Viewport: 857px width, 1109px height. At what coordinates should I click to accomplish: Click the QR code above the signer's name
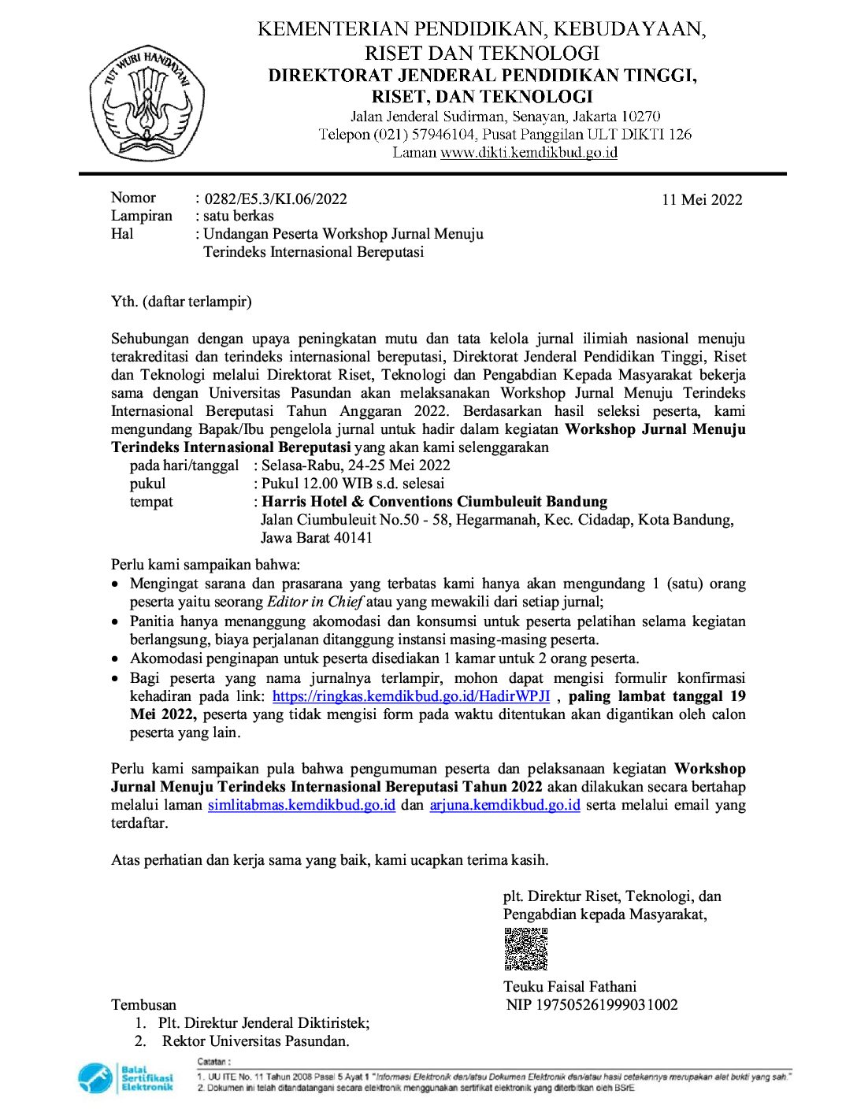click(525, 949)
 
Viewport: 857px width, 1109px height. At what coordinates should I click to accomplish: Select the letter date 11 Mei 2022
click(702, 199)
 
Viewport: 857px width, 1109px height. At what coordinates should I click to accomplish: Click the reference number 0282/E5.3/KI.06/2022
click(275, 198)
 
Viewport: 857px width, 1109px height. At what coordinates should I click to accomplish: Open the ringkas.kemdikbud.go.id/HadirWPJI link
click(410, 696)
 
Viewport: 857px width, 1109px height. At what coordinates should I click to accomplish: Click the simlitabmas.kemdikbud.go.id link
click(301, 805)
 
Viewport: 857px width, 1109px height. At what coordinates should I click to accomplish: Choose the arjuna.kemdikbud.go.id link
click(505, 805)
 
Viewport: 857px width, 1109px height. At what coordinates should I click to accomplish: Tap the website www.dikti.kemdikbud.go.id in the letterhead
click(529, 153)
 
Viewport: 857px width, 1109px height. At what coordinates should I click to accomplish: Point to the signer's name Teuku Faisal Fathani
click(569, 986)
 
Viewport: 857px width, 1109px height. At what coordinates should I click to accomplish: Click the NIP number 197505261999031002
click(607, 1004)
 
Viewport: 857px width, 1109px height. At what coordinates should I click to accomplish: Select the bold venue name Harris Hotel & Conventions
click(434, 502)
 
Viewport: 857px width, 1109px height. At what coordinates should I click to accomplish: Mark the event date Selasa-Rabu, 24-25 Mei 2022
click(356, 465)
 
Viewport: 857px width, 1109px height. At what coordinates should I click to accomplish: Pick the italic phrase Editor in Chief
click(314, 602)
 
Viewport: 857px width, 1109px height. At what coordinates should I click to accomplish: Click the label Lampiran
click(141, 216)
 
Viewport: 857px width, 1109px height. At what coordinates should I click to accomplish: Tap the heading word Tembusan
click(143, 1004)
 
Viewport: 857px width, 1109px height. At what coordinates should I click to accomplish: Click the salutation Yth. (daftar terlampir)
click(181, 301)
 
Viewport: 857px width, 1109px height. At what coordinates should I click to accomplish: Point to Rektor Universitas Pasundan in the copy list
click(255, 1040)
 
